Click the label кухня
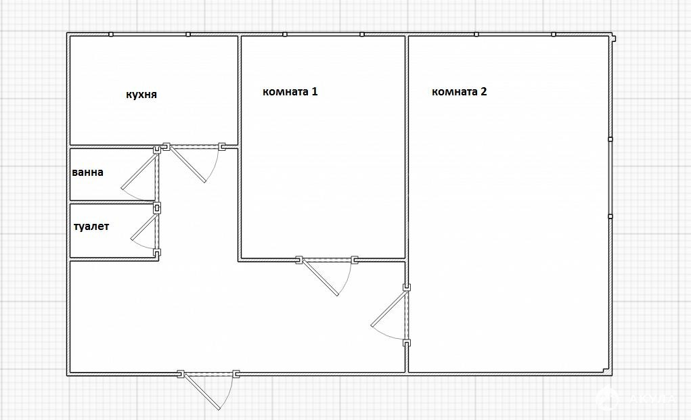click(x=141, y=95)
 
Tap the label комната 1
click(x=290, y=91)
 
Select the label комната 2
click(x=459, y=91)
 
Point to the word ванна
click(x=88, y=172)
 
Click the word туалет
click(x=91, y=227)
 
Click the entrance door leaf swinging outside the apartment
click(x=202, y=392)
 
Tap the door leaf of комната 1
click(x=320, y=278)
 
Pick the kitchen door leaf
click(x=188, y=164)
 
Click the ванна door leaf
click(x=139, y=170)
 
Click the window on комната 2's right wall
click(x=610, y=178)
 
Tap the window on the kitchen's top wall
click(x=150, y=34)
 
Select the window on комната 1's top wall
click(x=324, y=34)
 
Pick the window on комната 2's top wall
click(x=515, y=34)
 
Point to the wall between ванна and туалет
click(x=113, y=202)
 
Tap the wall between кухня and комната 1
click(x=240, y=91)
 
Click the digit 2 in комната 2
click(x=483, y=91)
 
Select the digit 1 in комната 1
click(x=315, y=91)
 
